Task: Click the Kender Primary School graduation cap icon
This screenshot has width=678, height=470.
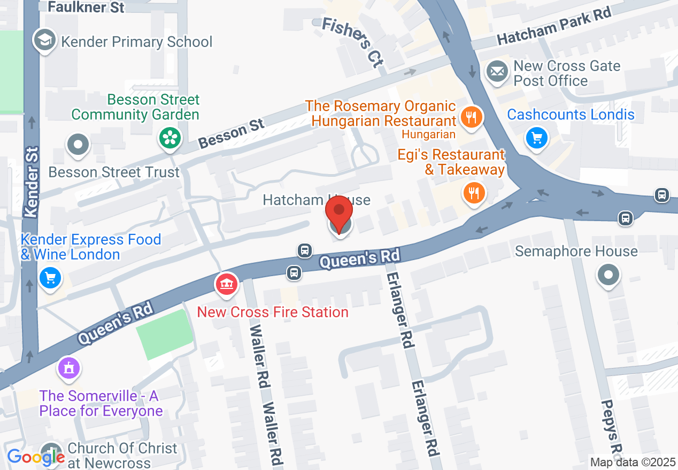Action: click(x=45, y=41)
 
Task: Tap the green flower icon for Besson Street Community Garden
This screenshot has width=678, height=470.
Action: click(x=169, y=138)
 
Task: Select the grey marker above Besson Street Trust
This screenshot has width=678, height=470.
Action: click(x=79, y=144)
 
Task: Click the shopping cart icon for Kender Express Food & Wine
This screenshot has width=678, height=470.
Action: click(x=50, y=277)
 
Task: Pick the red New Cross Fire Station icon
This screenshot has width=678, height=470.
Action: click(x=226, y=283)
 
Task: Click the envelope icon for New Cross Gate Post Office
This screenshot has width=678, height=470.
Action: click(x=497, y=71)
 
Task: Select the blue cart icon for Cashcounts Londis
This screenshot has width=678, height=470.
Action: click(x=536, y=138)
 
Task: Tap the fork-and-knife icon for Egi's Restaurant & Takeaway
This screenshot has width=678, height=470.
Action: click(x=473, y=192)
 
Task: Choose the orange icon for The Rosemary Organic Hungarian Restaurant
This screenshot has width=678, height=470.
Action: click(x=471, y=116)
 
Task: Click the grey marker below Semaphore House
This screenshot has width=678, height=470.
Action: click(x=608, y=276)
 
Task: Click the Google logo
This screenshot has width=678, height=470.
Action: click(x=35, y=457)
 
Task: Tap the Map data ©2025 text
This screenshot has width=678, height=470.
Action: click(x=633, y=462)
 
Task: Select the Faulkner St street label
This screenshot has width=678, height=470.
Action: click(x=86, y=7)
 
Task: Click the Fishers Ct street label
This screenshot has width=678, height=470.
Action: click(x=353, y=42)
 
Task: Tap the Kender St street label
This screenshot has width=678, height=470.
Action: click(x=32, y=182)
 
